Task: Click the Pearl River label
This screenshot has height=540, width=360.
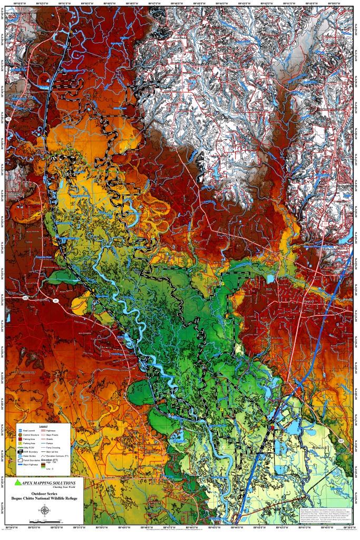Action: tap(244, 172)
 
